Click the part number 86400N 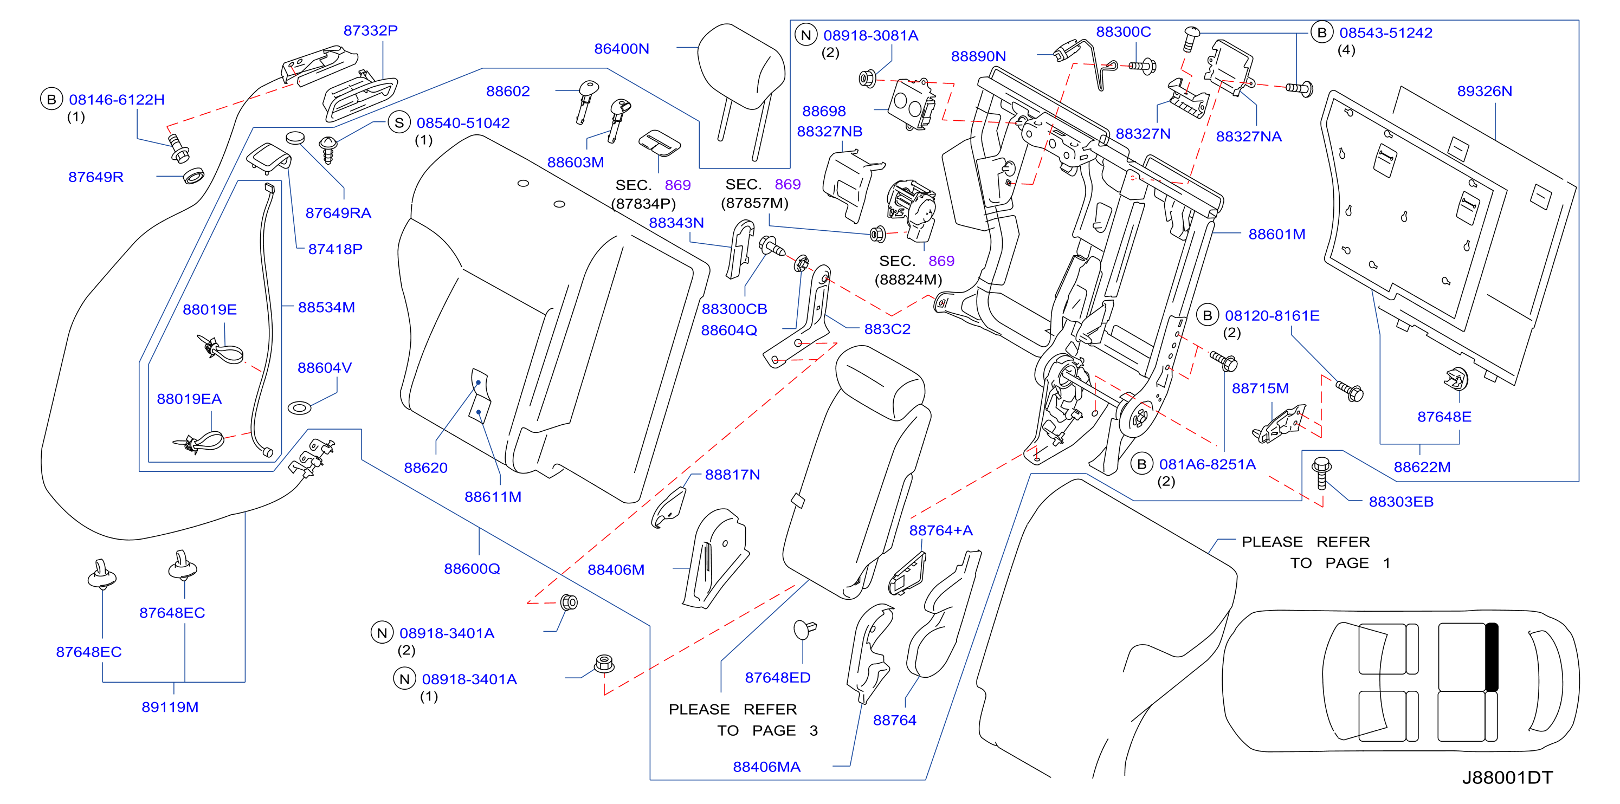[621, 48]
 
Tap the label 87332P [370, 30]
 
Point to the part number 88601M [1276, 234]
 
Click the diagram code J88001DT [1507, 777]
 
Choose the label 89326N [1484, 90]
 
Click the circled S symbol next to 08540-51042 [399, 122]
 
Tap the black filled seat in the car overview [1492, 657]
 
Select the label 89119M [170, 706]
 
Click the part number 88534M [326, 307]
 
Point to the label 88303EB [1401, 502]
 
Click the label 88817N [732, 475]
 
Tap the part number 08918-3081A [871, 35]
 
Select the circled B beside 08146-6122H [51, 99]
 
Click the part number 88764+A [941, 530]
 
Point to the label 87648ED [777, 677]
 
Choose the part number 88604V [325, 367]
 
